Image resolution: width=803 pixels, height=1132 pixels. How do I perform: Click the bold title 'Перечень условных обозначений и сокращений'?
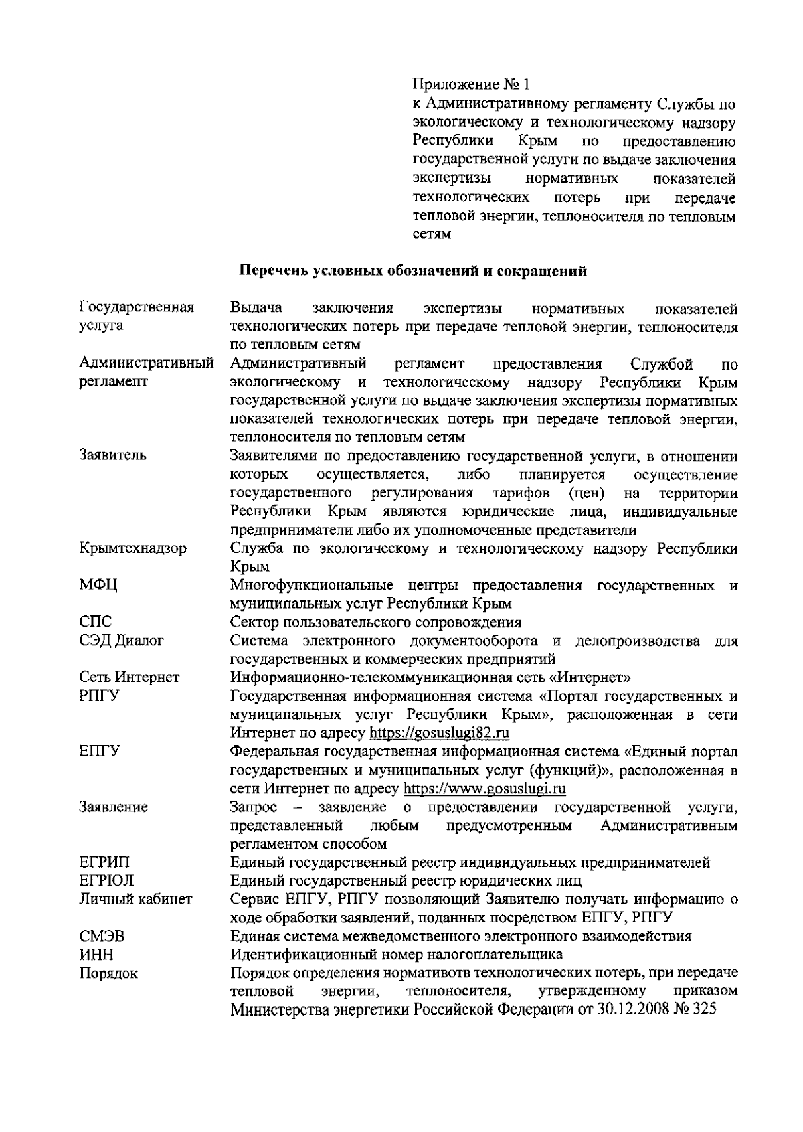[x=413, y=271]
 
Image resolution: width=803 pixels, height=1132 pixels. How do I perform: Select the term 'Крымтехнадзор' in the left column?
[x=132, y=548]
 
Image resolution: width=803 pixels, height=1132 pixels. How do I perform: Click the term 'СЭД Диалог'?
[x=121, y=641]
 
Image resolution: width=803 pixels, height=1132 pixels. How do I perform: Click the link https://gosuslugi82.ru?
[x=440, y=733]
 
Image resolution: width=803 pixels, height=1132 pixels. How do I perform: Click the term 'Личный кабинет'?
[x=136, y=899]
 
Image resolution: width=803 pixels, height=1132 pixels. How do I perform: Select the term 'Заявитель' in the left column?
[x=113, y=455]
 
